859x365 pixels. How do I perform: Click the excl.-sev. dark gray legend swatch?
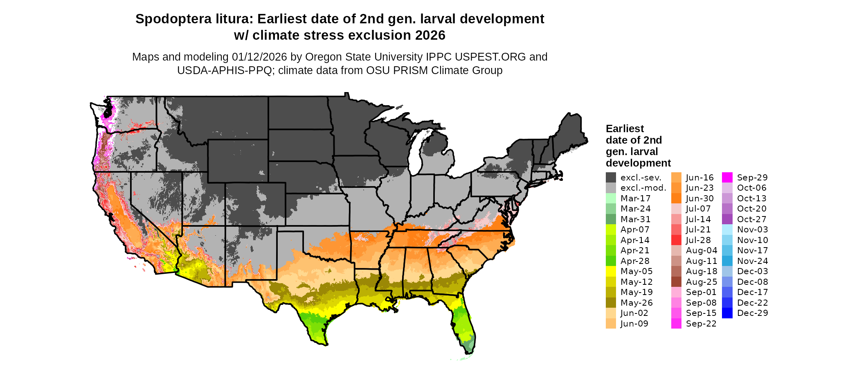coord(611,178)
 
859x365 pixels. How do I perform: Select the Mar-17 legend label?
coord(635,198)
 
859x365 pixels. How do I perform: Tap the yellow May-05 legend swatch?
coord(611,271)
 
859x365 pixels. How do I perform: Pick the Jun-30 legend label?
coord(699,198)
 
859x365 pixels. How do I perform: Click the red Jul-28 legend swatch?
coord(676,240)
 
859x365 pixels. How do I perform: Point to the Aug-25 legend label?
coord(702,282)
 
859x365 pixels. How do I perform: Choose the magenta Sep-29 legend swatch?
coord(727,178)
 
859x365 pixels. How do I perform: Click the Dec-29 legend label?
coord(752,313)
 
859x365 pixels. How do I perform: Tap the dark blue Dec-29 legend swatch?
coord(727,313)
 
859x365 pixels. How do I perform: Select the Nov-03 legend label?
coord(752,230)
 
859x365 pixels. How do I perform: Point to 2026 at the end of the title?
coord(430,36)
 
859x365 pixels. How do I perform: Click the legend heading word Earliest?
coord(625,129)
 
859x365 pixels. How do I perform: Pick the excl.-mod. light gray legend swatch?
coord(611,188)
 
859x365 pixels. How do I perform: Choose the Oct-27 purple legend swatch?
coord(727,219)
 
